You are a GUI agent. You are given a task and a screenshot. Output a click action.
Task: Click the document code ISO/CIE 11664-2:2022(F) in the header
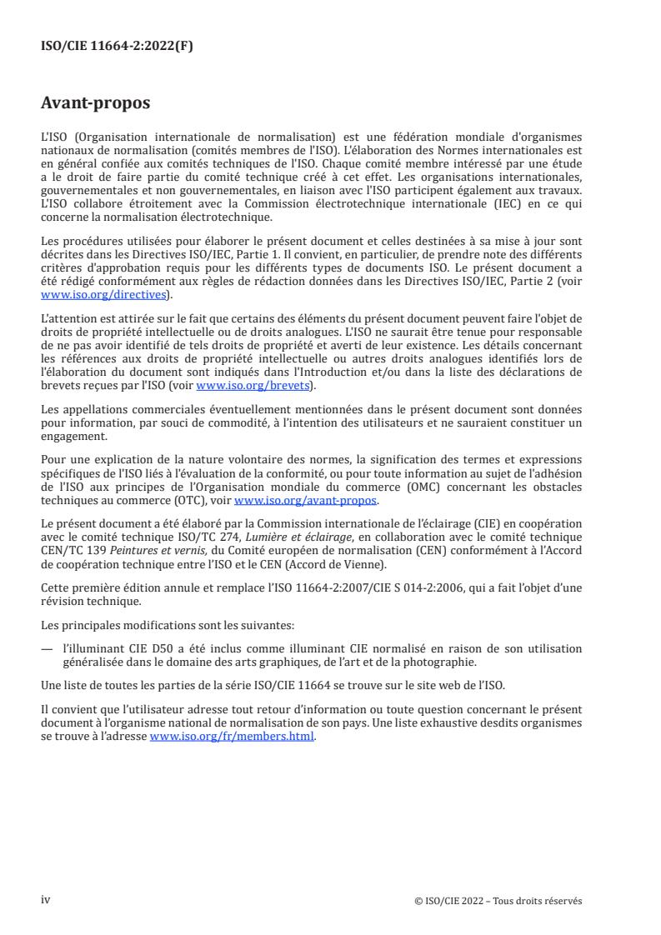(117, 47)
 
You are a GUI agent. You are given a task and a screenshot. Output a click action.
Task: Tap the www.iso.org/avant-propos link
(306, 500)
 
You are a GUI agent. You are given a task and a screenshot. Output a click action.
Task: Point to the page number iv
(46, 900)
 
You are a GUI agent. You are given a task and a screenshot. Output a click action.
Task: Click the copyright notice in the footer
(498, 901)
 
